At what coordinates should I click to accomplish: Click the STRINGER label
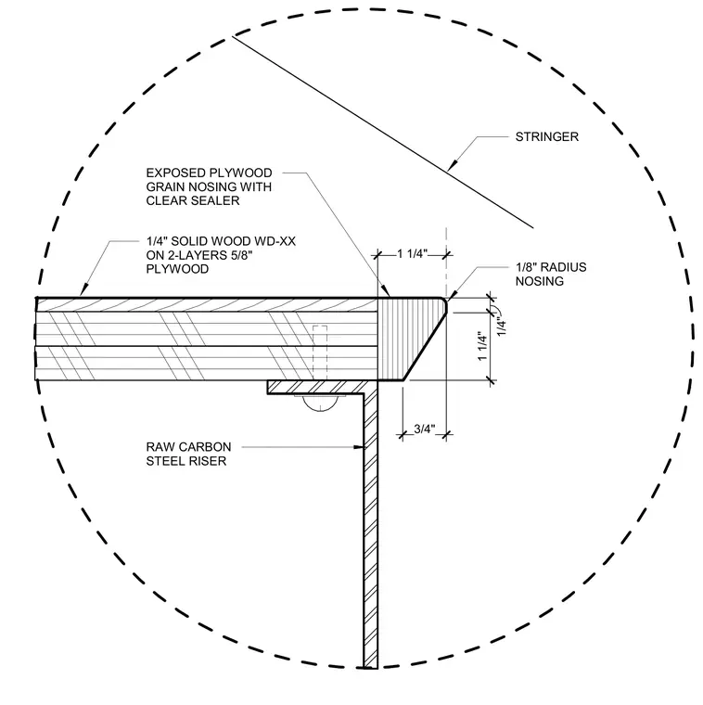(546, 136)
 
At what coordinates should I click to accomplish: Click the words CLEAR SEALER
(193, 200)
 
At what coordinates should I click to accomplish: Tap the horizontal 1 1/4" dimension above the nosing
(412, 254)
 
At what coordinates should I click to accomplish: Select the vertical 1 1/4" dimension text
(482, 346)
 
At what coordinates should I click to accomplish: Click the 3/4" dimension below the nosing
(425, 429)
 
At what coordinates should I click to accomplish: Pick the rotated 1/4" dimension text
(501, 326)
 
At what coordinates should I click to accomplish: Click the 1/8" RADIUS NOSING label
(551, 275)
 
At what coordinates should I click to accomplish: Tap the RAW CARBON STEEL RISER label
(189, 455)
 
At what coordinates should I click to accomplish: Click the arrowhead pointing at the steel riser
(358, 447)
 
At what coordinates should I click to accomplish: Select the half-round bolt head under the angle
(320, 404)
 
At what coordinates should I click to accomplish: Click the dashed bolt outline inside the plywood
(320, 352)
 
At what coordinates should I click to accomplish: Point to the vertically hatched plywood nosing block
(407, 340)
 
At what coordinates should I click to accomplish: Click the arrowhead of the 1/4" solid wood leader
(84, 290)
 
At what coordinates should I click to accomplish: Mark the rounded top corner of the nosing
(444, 301)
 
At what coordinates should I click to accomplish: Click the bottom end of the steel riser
(370, 667)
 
